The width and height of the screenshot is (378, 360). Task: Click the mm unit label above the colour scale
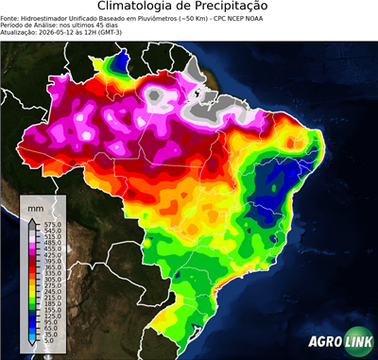click(x=36, y=204)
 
